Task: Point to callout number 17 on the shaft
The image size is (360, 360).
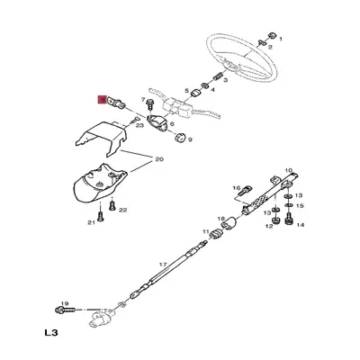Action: (x=164, y=265)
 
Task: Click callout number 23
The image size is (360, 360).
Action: (x=139, y=125)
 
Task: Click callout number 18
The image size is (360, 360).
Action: (x=221, y=219)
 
